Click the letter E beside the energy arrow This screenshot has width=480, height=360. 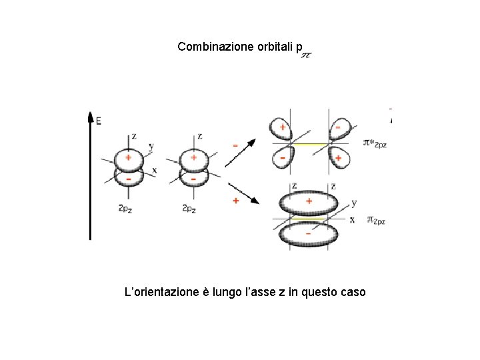[x=99, y=121]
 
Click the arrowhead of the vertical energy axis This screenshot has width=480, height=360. [x=90, y=117]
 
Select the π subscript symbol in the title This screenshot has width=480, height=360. [x=306, y=55]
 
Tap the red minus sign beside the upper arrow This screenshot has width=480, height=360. [x=235, y=143]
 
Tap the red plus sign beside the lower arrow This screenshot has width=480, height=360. [x=235, y=200]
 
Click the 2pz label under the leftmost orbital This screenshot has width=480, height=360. [x=125, y=208]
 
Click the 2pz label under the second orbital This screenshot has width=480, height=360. [x=189, y=208]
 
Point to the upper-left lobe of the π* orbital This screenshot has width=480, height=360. [x=282, y=129]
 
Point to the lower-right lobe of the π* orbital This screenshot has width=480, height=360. [x=338, y=158]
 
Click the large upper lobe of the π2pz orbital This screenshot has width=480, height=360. [x=308, y=203]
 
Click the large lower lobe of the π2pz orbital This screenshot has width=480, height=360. [x=308, y=235]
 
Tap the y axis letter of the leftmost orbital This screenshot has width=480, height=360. [x=151, y=146]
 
